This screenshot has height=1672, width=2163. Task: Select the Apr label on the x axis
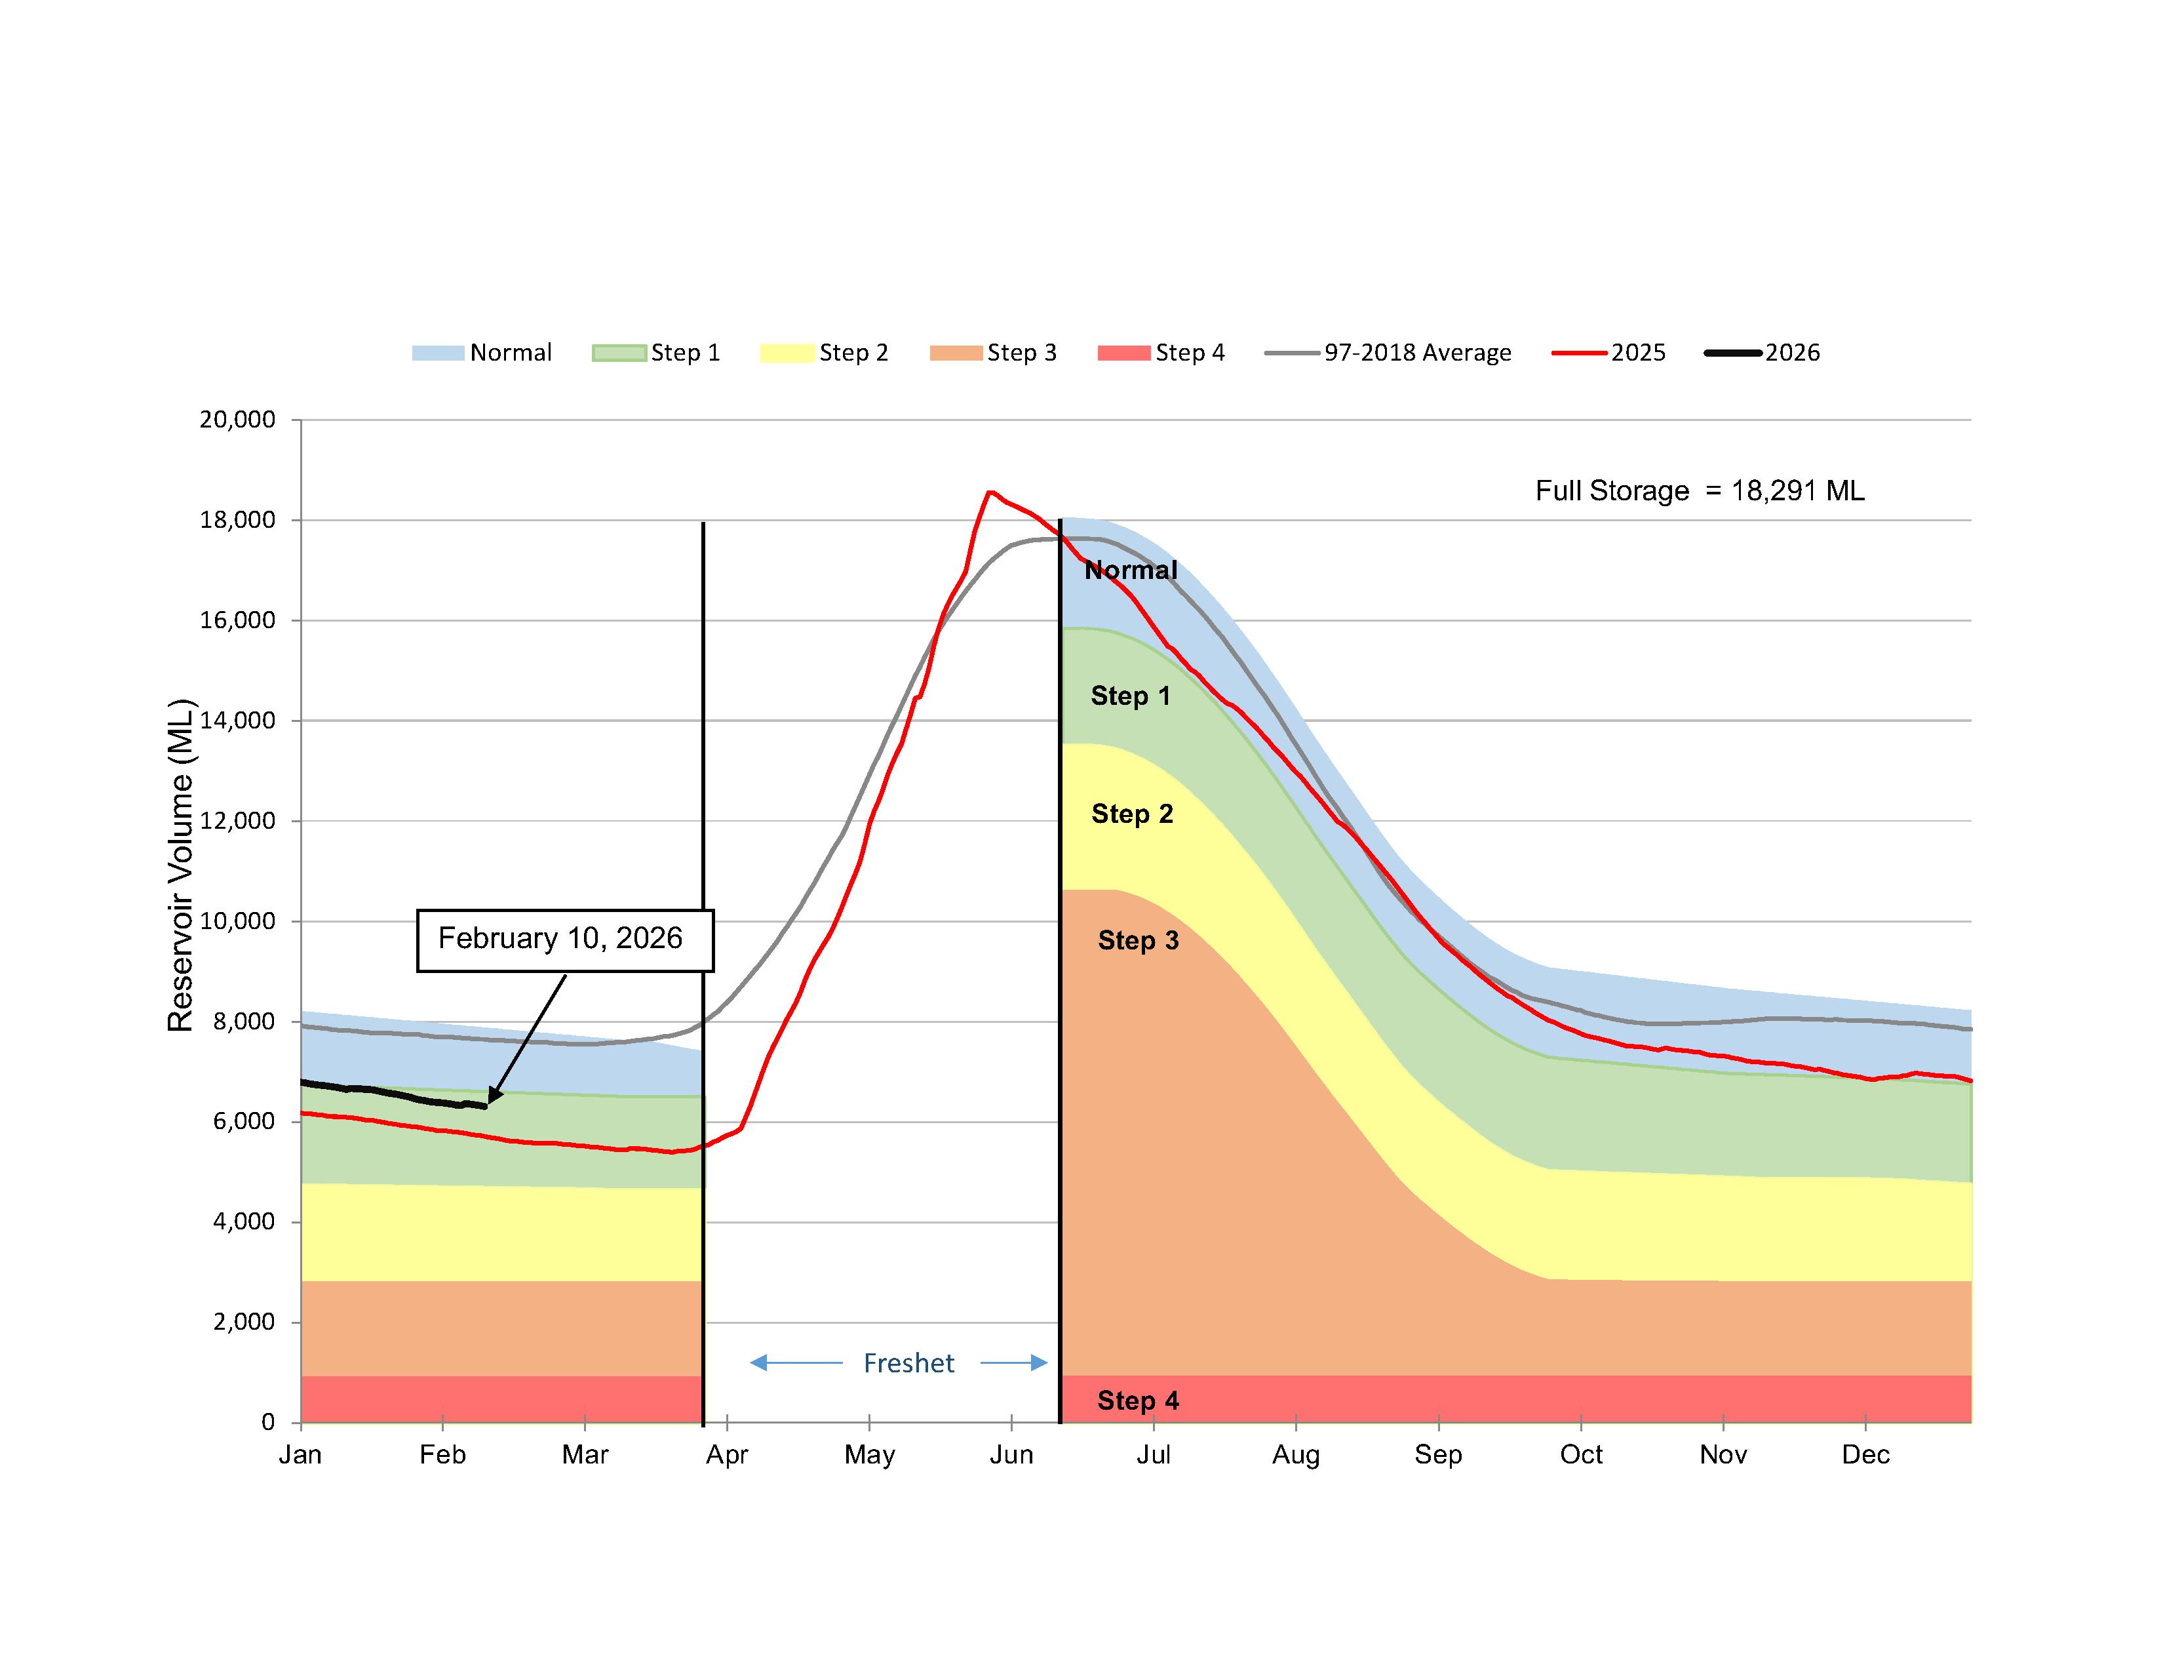[x=727, y=1454]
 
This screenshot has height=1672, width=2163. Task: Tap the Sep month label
[x=1438, y=1454]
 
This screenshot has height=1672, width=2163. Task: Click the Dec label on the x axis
[x=1866, y=1454]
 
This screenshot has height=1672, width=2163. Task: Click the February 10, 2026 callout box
[x=564, y=939]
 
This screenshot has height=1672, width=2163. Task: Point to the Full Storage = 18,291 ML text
[x=1700, y=491]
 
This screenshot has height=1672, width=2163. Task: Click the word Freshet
[x=908, y=1363]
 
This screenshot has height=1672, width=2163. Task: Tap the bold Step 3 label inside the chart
[x=1138, y=940]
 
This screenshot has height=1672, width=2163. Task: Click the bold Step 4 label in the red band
[x=1138, y=1401]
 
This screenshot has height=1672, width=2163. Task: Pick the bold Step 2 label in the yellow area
[x=1132, y=814]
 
